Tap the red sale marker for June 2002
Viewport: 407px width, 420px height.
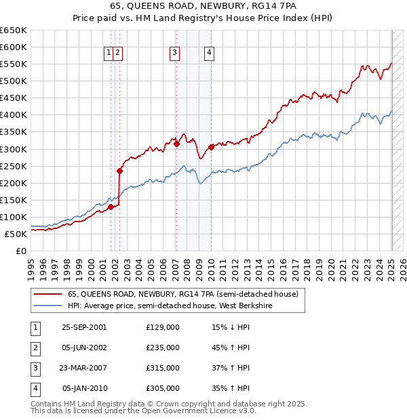point(119,171)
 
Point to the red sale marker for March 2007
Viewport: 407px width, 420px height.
point(176,144)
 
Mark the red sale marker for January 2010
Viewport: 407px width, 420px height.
point(211,147)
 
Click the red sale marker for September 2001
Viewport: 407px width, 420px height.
point(111,207)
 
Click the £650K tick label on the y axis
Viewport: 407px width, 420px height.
point(14,30)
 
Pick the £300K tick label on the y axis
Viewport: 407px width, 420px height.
point(14,149)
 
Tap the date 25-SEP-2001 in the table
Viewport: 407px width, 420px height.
point(84,327)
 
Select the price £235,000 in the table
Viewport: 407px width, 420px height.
point(163,348)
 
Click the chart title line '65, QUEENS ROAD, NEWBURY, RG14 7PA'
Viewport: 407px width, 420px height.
point(203,8)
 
